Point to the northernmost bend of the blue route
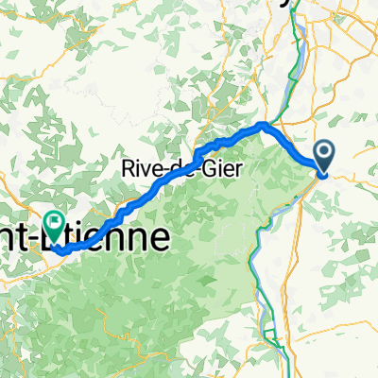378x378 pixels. pos(265,125)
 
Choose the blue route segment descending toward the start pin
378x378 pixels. pos(298,146)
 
